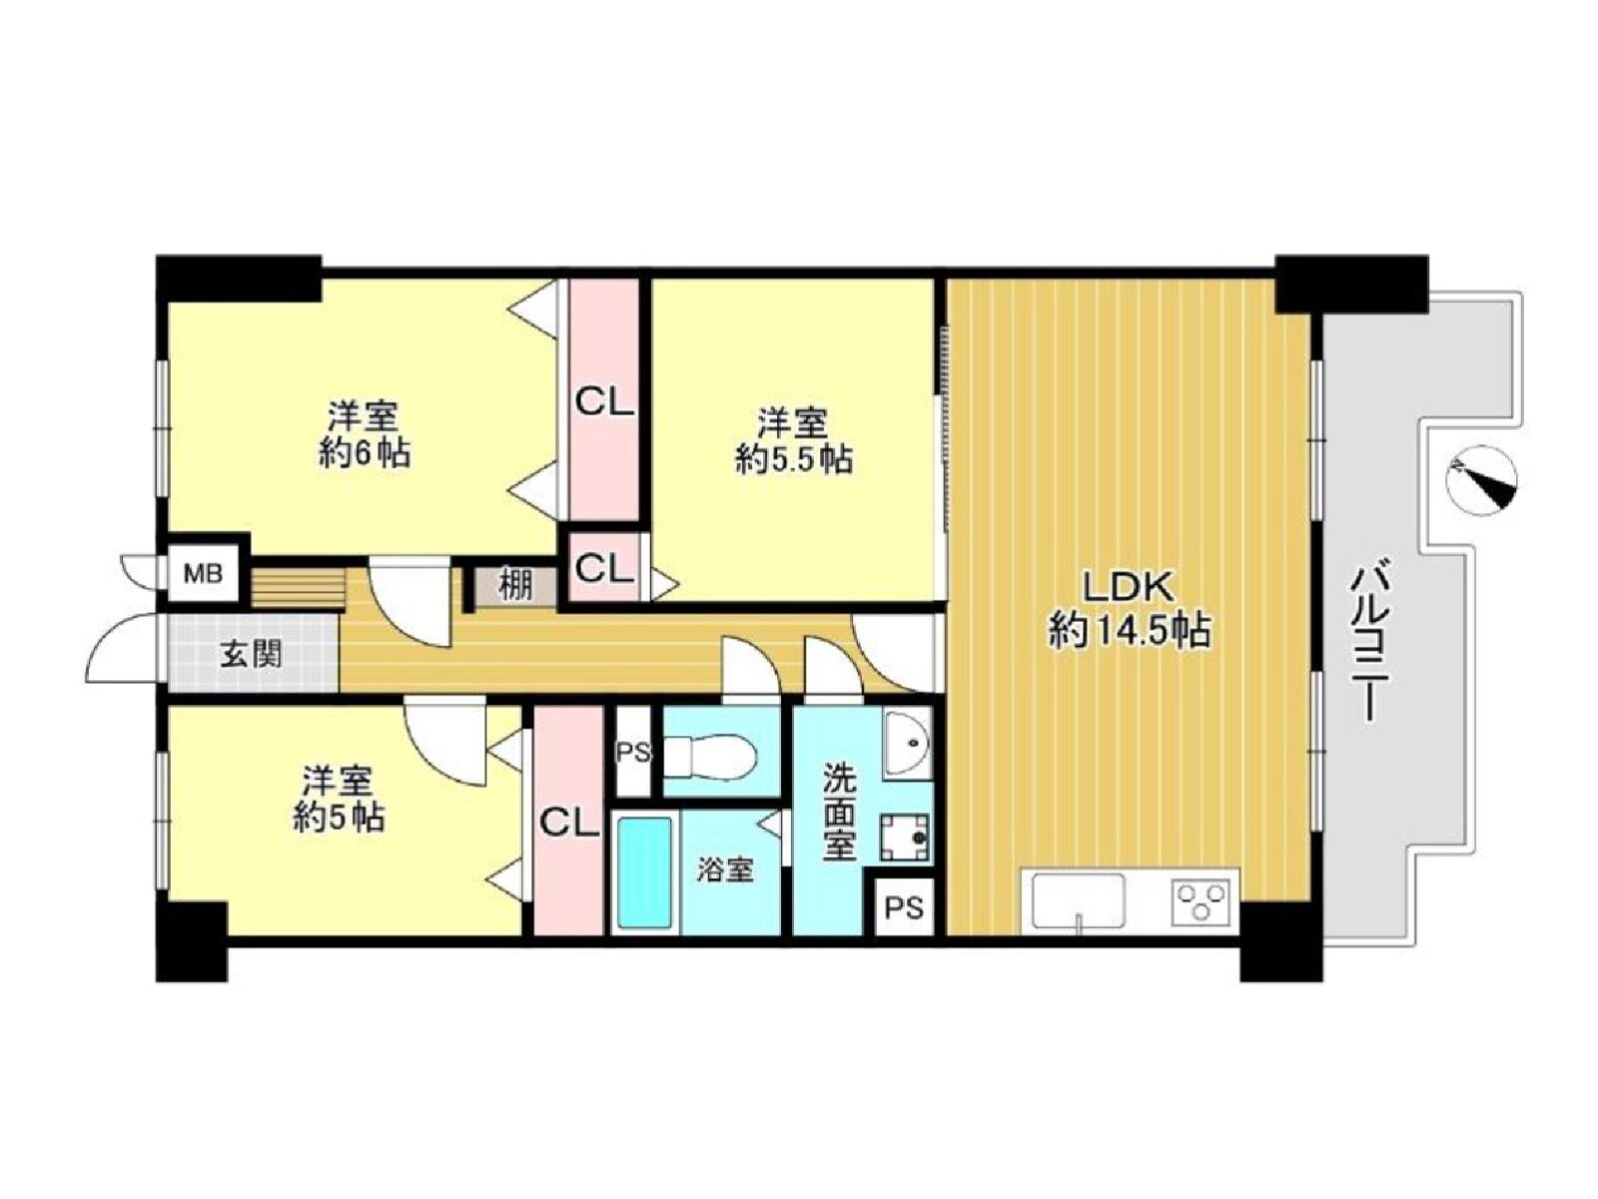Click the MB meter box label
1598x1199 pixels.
(203, 575)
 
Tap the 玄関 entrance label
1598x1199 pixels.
(251, 654)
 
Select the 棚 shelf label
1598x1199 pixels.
(516, 587)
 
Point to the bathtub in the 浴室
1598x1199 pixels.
(644, 872)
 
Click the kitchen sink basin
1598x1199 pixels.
(1079, 900)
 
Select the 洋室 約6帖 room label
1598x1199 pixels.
(364, 436)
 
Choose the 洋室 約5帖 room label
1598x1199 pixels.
(338, 798)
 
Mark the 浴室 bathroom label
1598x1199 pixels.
(725, 870)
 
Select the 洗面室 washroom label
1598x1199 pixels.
(839, 811)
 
